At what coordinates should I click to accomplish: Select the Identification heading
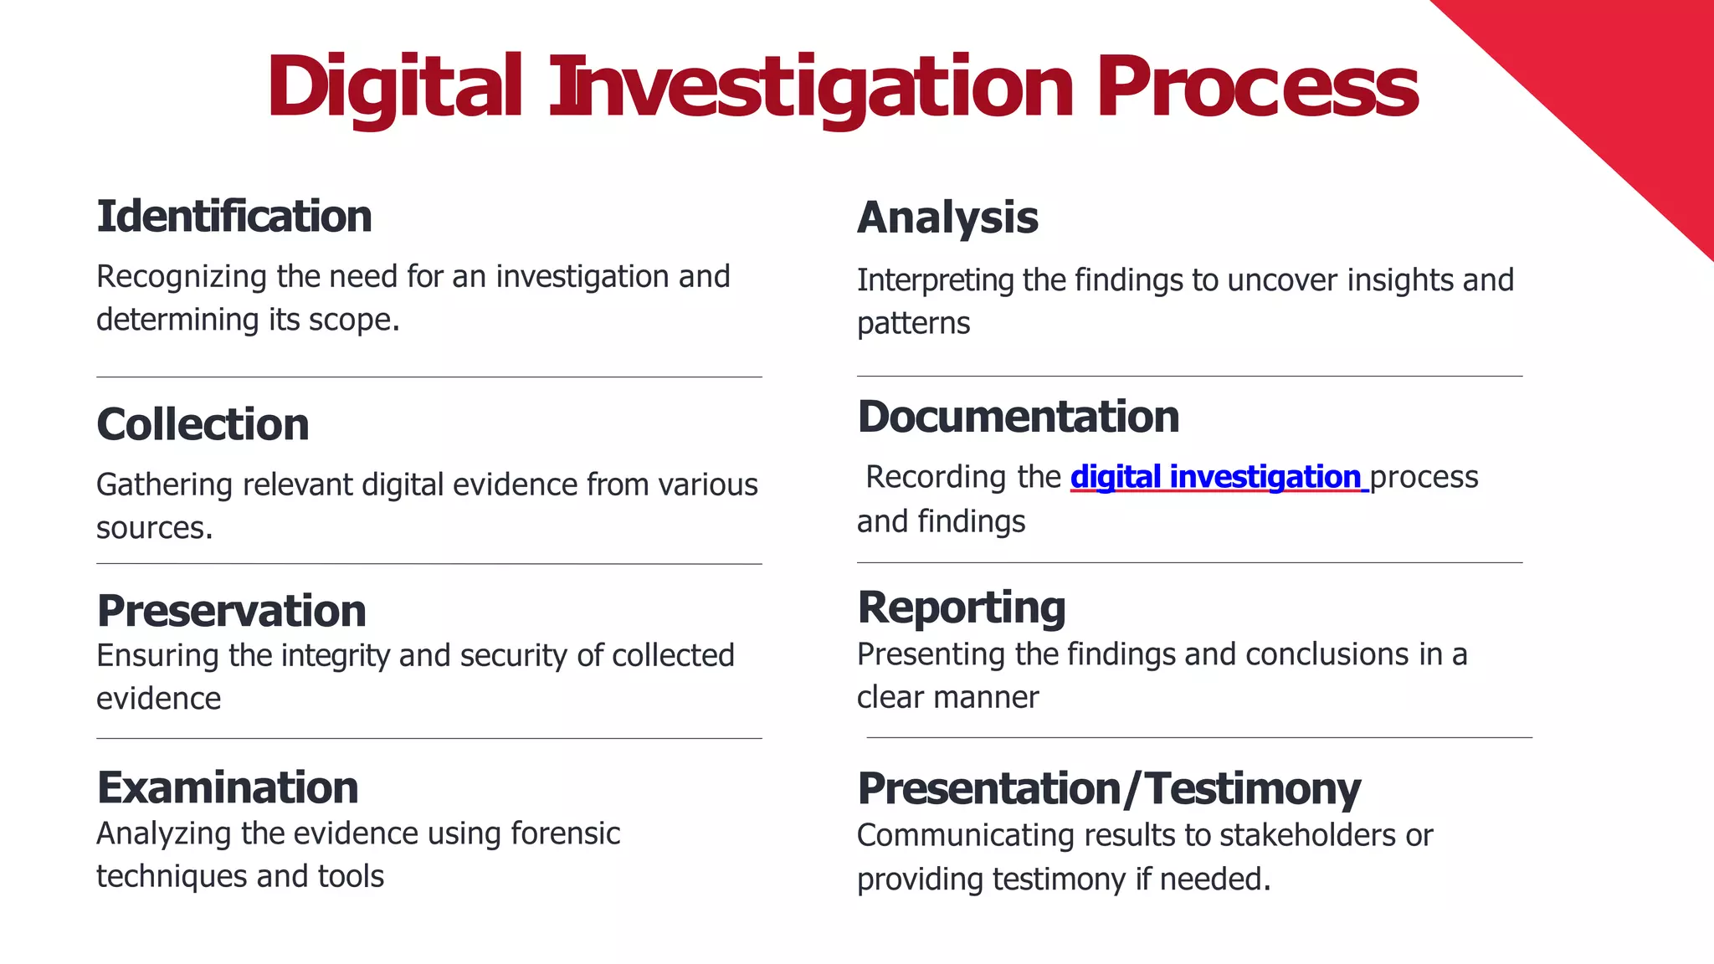click(234, 217)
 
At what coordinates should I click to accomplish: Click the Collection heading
click(203, 424)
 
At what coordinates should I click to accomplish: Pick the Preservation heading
click(232, 611)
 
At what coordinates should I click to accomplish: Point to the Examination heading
click(228, 787)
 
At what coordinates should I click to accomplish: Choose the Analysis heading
click(947, 218)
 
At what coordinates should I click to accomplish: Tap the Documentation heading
click(1019, 417)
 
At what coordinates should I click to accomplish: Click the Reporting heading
click(962, 608)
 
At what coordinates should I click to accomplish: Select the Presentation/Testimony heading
click(1109, 789)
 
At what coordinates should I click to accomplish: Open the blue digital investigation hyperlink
click(1218, 477)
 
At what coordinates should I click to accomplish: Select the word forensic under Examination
click(565, 833)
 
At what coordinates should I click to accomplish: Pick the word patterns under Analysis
click(913, 324)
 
